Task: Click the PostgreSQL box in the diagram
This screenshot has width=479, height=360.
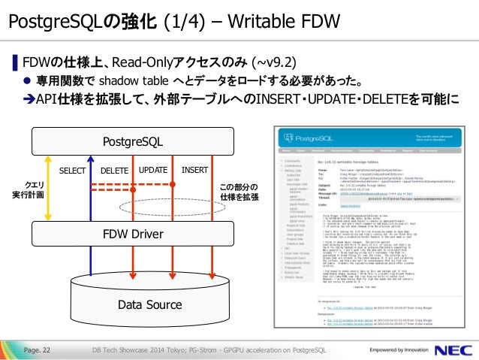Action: (132, 141)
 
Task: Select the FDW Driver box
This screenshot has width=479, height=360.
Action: (132, 234)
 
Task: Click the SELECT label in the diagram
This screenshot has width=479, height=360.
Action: (74, 171)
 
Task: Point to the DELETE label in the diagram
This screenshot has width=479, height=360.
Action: (114, 171)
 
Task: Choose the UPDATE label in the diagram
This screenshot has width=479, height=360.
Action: (152, 171)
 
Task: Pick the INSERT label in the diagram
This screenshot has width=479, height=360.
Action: (194, 171)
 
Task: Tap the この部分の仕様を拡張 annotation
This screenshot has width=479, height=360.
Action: (239, 192)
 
